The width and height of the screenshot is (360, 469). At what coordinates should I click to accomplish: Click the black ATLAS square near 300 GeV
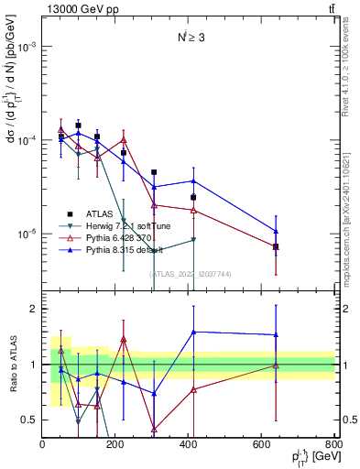[x=154, y=172]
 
